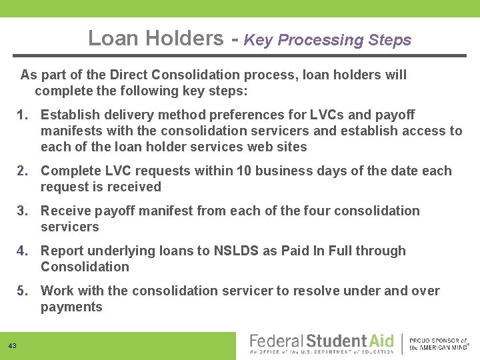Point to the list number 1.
pyautogui.click(x=23, y=115)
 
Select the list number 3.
pyautogui.click(x=23, y=211)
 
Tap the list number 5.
pyautogui.click(x=23, y=291)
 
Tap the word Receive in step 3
pyautogui.click(x=65, y=211)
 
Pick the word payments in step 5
pyautogui.click(x=71, y=307)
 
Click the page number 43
pyautogui.click(x=13, y=345)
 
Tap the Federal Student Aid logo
pyautogui.click(x=321, y=343)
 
